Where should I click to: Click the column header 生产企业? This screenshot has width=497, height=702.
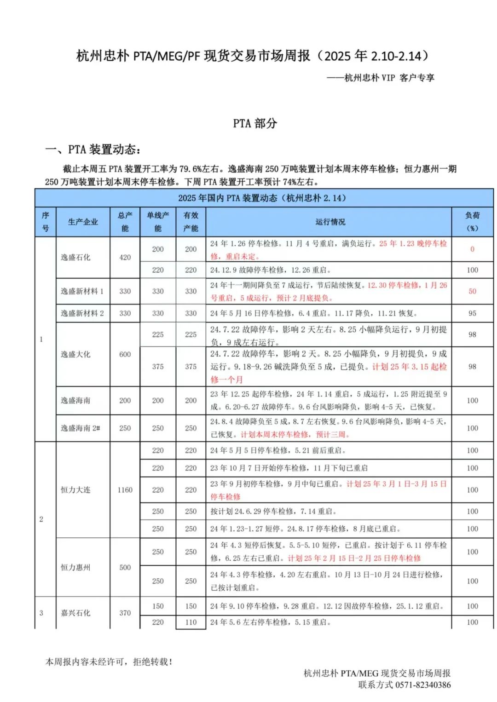pos(83,222)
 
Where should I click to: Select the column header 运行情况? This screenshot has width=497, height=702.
pos(330,222)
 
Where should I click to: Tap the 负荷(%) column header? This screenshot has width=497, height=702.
pos(472,222)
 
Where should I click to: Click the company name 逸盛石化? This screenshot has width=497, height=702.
pos(75,258)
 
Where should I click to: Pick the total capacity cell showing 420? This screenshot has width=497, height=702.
pos(125,258)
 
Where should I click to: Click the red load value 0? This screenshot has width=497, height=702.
pos(472,249)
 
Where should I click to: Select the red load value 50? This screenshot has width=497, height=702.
pos(472,292)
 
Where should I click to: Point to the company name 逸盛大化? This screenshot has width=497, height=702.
pos(75,354)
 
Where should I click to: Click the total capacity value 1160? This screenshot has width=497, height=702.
pos(125,490)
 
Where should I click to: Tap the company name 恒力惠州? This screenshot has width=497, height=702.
pos(75,567)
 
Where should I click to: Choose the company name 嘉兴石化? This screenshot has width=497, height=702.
pos(75,613)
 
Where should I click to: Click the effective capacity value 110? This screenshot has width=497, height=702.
pos(191,622)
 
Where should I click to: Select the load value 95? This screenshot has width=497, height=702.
pos(472,313)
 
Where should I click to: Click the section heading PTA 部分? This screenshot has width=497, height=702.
pos(255,123)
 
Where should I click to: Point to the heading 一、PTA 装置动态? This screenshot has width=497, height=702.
pos(93,150)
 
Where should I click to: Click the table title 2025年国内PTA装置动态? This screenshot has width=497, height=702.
pos(262,198)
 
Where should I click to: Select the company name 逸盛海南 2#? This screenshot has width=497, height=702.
pos(80,428)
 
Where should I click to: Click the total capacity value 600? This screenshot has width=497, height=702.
pos(125,354)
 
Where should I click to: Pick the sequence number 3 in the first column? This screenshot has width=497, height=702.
pos(41,613)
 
